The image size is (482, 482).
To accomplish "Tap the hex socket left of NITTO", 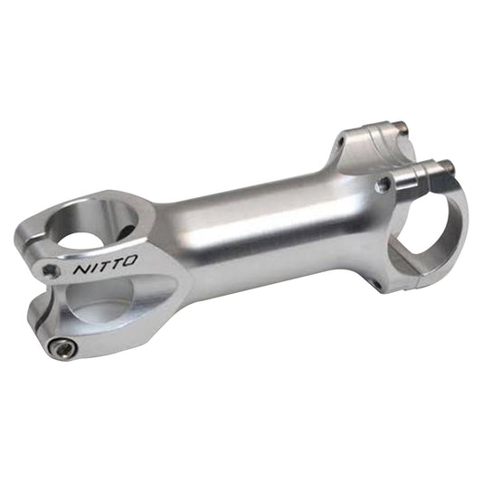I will (50, 270).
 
